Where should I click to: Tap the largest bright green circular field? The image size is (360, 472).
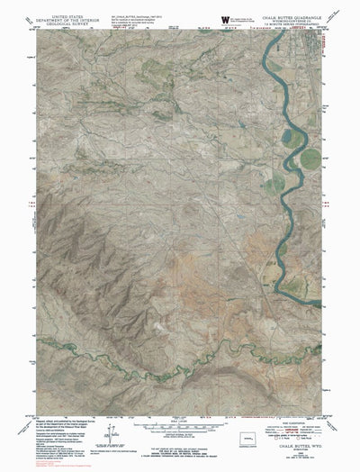tap(310, 159)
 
